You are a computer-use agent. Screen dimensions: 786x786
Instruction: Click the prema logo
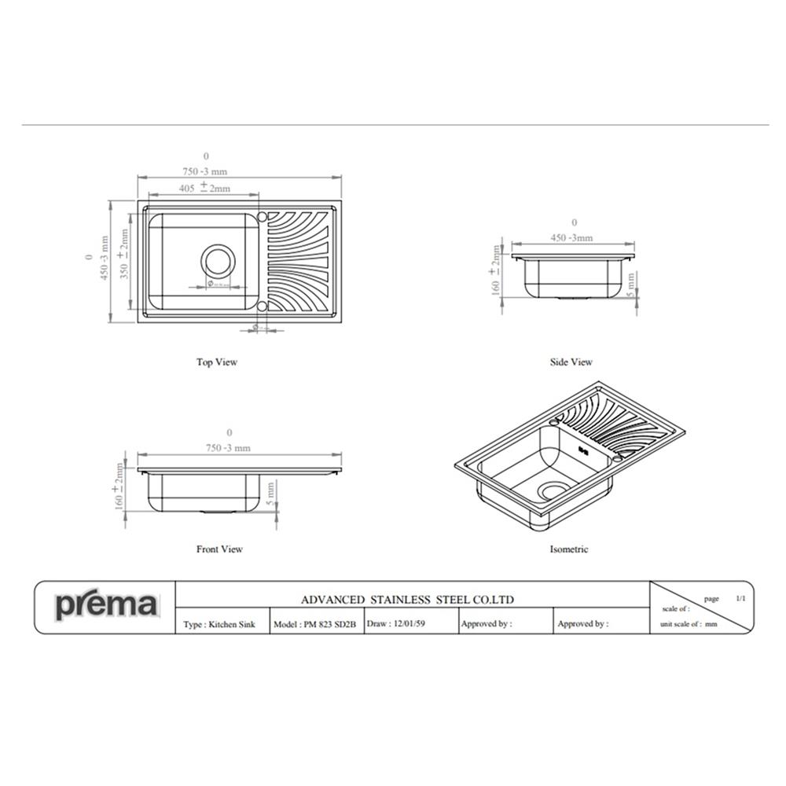(x=106, y=606)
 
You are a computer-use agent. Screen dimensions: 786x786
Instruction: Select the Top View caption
(x=216, y=362)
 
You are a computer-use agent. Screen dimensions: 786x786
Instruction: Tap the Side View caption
(x=571, y=362)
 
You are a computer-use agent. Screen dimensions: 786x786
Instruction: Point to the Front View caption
(x=219, y=549)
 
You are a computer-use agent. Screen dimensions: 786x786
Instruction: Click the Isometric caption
(x=568, y=549)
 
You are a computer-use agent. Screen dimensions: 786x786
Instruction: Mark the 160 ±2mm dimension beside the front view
(x=119, y=487)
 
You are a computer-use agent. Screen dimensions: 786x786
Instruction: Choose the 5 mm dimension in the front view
(x=270, y=493)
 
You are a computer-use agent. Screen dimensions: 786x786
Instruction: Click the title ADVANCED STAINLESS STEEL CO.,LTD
(x=407, y=599)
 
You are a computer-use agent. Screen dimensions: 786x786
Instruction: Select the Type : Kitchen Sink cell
(x=219, y=624)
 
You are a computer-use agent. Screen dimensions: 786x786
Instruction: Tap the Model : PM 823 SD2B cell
(x=315, y=624)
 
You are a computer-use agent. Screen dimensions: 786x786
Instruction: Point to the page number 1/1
(x=740, y=599)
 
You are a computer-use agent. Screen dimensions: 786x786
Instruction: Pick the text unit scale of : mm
(x=689, y=624)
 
